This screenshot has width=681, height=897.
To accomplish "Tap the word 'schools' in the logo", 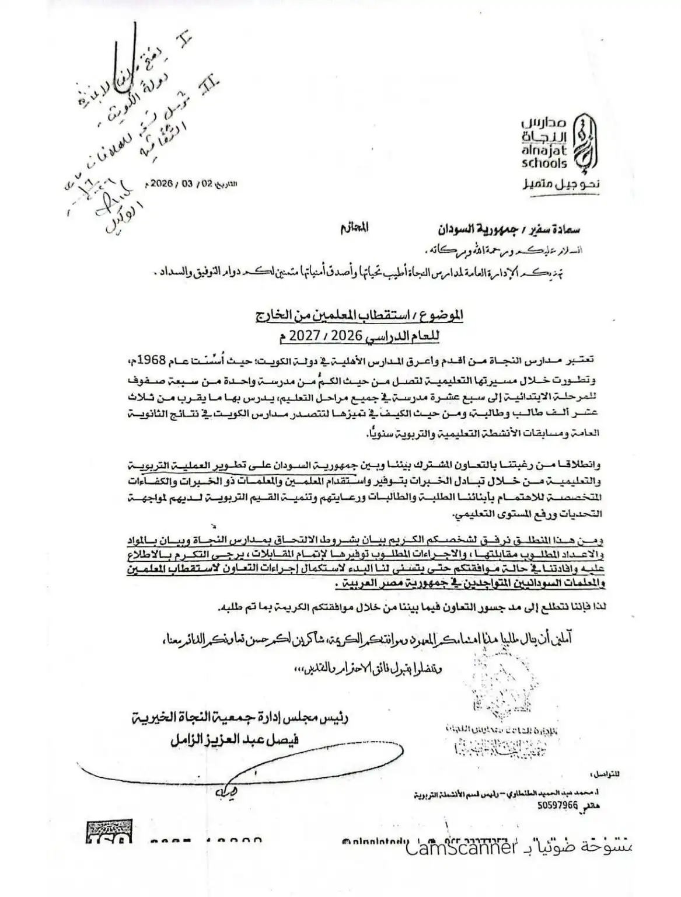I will coord(544,164).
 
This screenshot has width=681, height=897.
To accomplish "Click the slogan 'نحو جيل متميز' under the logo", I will coord(558,185).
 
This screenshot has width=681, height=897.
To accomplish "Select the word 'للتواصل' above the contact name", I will coord(605,774).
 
